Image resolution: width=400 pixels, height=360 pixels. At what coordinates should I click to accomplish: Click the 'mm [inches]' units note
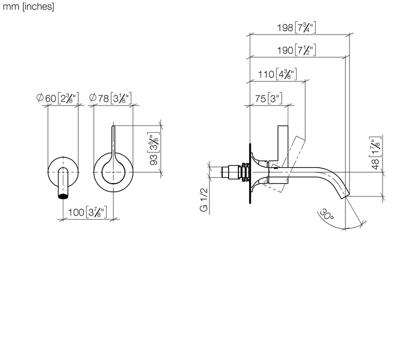[x=28, y=7]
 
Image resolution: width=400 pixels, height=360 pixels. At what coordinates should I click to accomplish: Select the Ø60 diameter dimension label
[x=57, y=98]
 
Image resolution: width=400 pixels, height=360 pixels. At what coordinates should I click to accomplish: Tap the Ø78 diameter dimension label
[x=110, y=98]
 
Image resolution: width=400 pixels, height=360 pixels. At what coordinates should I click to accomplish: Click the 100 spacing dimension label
[x=87, y=212]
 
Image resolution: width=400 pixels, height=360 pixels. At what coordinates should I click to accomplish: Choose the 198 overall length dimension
[x=297, y=27]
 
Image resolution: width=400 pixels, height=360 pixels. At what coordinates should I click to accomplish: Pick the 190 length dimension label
[x=297, y=50]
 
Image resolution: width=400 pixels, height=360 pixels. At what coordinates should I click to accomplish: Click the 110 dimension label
[x=277, y=74]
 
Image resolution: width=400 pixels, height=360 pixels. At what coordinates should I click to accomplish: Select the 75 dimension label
[x=268, y=98]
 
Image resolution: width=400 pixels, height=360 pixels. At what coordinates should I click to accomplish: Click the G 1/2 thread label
[x=204, y=200]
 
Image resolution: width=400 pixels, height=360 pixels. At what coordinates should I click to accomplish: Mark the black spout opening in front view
[x=63, y=196]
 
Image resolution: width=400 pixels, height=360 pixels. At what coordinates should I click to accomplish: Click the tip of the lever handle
[x=114, y=126]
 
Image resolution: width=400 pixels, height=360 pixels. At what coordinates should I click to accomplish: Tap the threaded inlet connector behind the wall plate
[x=235, y=173]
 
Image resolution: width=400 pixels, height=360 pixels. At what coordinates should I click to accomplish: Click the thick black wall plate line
[x=250, y=173]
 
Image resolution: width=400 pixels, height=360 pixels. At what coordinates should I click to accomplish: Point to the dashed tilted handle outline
[x=285, y=164]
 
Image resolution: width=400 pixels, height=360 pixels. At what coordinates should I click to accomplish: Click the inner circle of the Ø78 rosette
[x=114, y=172]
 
